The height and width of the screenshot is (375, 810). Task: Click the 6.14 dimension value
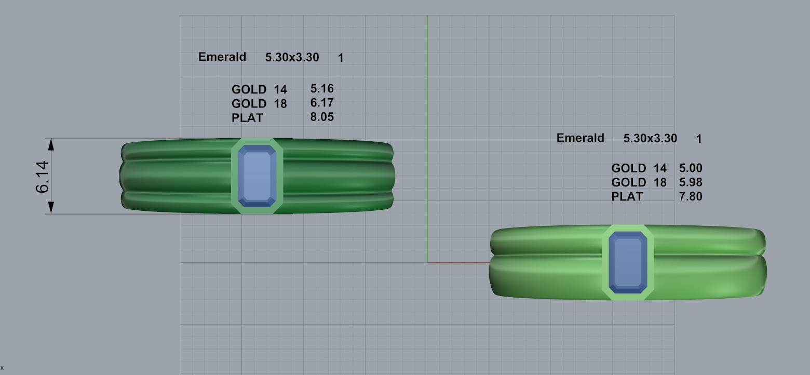point(43,177)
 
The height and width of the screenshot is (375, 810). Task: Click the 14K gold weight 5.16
point(322,89)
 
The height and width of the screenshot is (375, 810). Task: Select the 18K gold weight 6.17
point(322,103)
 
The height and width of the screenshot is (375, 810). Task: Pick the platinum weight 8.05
point(322,117)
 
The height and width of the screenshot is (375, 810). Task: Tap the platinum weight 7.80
point(691,196)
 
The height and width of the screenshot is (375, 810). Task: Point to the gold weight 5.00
point(691,168)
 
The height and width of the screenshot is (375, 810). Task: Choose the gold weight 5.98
point(691,182)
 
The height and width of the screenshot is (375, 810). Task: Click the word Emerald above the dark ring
point(222,57)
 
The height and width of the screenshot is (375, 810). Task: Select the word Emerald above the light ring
point(580,138)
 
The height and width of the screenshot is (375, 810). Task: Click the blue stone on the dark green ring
point(257,176)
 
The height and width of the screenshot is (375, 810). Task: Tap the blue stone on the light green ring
point(628,262)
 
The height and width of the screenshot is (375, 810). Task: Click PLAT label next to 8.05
point(247,118)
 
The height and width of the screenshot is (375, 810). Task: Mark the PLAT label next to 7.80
point(627,197)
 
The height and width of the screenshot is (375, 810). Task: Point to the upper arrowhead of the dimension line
point(51,144)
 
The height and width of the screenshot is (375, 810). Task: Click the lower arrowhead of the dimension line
point(51,208)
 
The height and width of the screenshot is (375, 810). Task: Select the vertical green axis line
point(427,130)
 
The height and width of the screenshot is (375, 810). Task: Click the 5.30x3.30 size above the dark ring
point(292,58)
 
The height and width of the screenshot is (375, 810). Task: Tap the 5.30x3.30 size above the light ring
point(650,138)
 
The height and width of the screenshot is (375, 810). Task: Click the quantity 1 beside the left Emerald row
point(341,58)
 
